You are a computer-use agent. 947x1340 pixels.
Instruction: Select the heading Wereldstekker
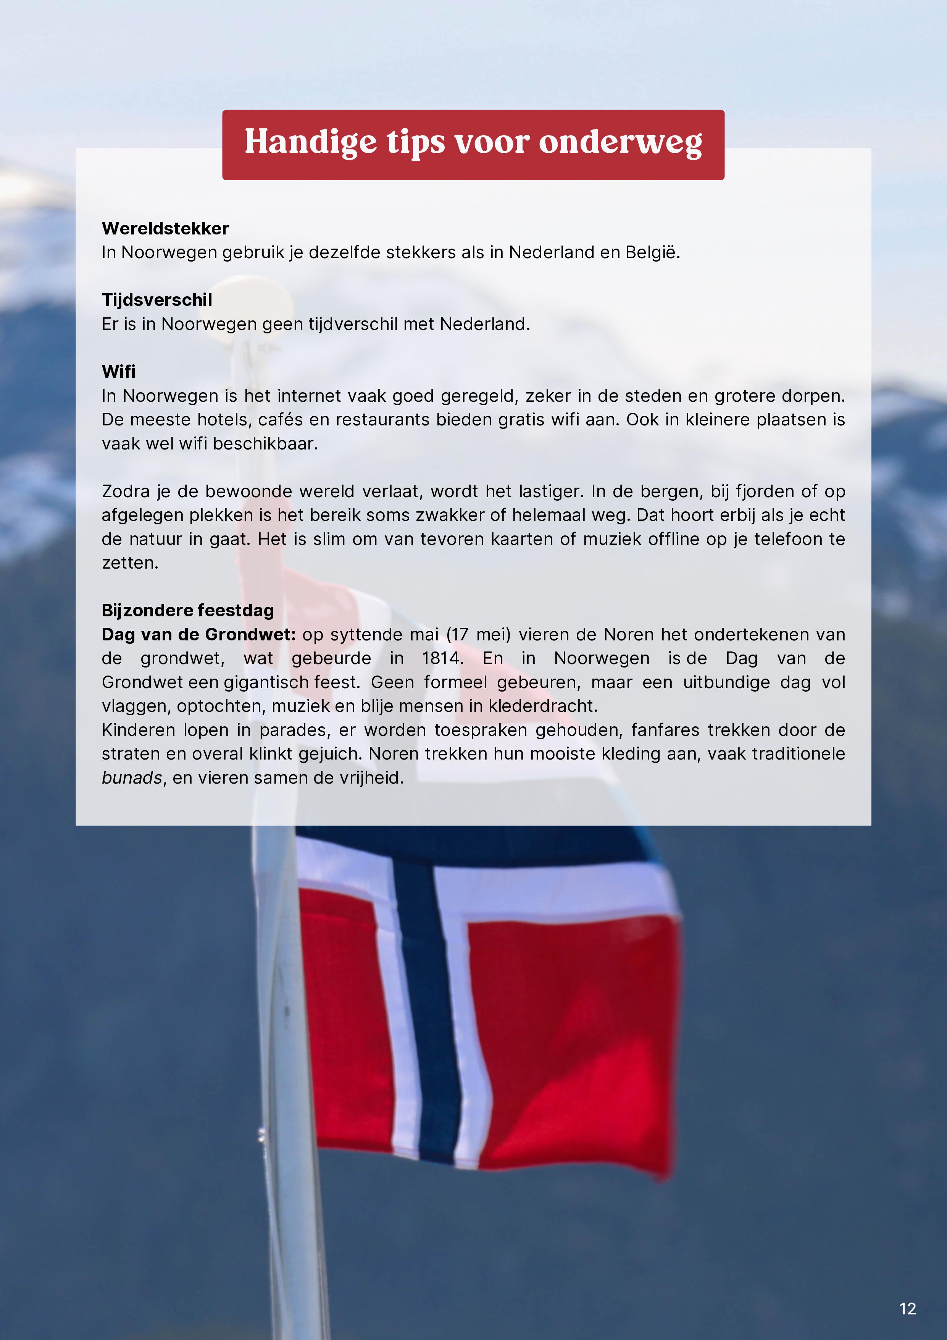click(165, 228)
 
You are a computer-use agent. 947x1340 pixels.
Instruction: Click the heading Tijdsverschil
click(157, 300)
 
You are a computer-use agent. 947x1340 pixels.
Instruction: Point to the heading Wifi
click(118, 372)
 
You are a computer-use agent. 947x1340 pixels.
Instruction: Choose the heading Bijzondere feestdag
click(188, 611)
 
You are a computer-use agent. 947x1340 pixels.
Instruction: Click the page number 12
click(907, 1308)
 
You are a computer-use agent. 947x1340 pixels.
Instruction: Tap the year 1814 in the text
click(442, 658)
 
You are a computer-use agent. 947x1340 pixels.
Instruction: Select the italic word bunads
click(132, 778)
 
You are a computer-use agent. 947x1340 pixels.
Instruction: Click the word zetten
click(129, 563)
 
